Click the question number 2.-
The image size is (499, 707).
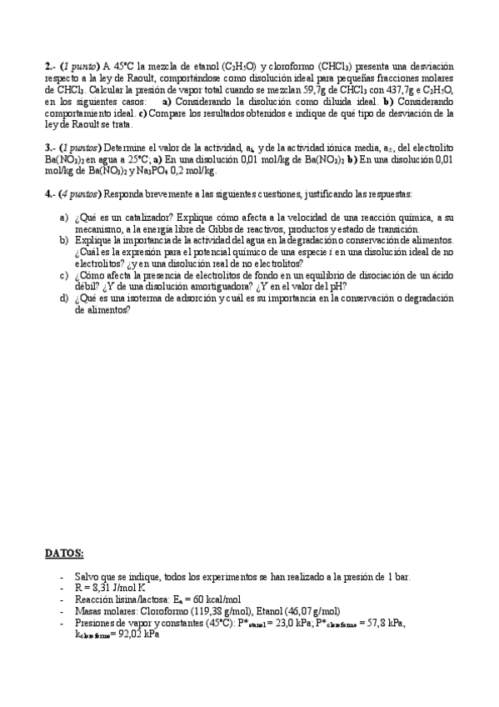click(50, 66)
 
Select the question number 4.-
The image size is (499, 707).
click(50, 194)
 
